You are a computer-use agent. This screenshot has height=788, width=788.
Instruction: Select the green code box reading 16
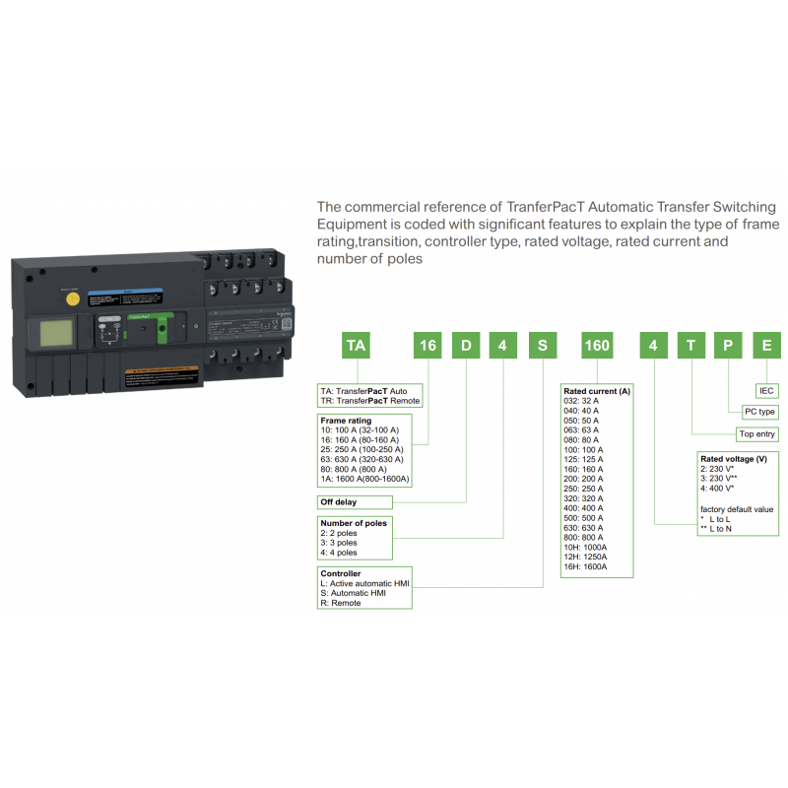point(427,346)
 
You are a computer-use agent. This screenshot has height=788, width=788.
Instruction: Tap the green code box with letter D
point(465,346)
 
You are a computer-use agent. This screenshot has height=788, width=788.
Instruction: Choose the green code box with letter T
point(690,346)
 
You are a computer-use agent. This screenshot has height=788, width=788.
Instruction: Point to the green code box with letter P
point(729,346)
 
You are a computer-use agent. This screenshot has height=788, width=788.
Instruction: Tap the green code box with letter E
point(767,346)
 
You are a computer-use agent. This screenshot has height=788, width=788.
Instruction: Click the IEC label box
point(767,390)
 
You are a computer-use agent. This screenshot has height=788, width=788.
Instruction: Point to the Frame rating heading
point(346,421)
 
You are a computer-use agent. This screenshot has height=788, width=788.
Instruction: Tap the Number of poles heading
point(354,523)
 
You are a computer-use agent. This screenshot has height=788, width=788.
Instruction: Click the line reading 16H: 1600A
point(585,567)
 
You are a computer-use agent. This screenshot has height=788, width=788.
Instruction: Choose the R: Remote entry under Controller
point(341,603)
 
